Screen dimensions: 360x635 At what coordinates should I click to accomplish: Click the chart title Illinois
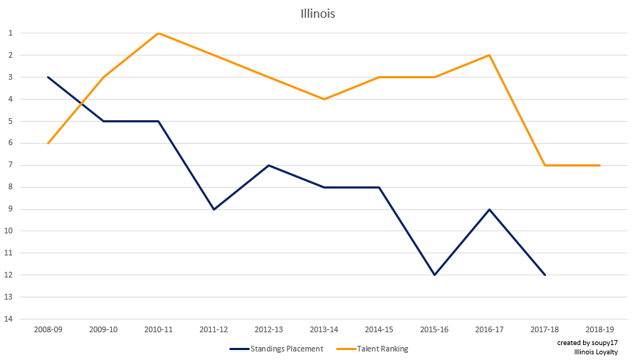point(317,14)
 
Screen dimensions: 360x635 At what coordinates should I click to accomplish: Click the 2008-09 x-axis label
point(48,329)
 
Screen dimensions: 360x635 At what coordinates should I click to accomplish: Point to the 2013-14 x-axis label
point(324,329)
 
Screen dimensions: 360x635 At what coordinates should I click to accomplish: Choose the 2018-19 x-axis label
point(599,329)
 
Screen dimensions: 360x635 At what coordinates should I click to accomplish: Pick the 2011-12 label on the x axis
point(214,329)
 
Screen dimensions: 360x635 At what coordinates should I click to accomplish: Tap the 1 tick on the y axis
point(11,33)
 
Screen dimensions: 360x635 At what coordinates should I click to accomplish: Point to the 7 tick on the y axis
point(11,165)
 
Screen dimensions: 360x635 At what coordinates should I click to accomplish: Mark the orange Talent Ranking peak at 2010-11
point(158,33)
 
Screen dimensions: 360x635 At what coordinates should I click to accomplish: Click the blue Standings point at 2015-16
point(434,275)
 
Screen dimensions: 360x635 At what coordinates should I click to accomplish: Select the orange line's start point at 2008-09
point(48,143)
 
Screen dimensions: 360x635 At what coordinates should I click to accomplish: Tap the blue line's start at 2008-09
point(48,77)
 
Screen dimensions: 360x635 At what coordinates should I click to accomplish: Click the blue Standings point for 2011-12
point(214,209)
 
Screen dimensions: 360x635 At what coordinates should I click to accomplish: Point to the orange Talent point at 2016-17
point(490,55)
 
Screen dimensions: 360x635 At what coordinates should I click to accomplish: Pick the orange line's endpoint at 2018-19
point(599,165)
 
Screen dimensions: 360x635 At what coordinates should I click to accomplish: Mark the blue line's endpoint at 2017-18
point(545,275)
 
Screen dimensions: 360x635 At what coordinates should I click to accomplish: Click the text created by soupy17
point(587,342)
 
